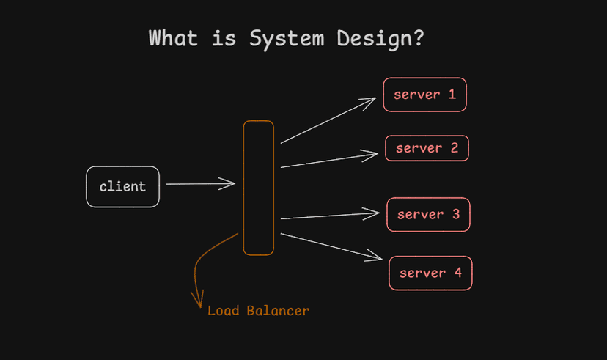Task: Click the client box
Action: coord(122,187)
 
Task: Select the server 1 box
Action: coord(424,95)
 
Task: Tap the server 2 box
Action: coord(427,148)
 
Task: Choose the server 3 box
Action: coord(428,215)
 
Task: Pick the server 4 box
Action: coord(430,273)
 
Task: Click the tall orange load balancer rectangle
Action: coord(258,188)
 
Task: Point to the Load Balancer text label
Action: coord(258,311)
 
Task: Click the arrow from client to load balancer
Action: coord(199,184)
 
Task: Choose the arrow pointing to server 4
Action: coord(330,246)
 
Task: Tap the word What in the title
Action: coord(173,38)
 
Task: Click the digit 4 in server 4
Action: coord(457,273)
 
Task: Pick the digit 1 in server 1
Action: coord(452,95)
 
